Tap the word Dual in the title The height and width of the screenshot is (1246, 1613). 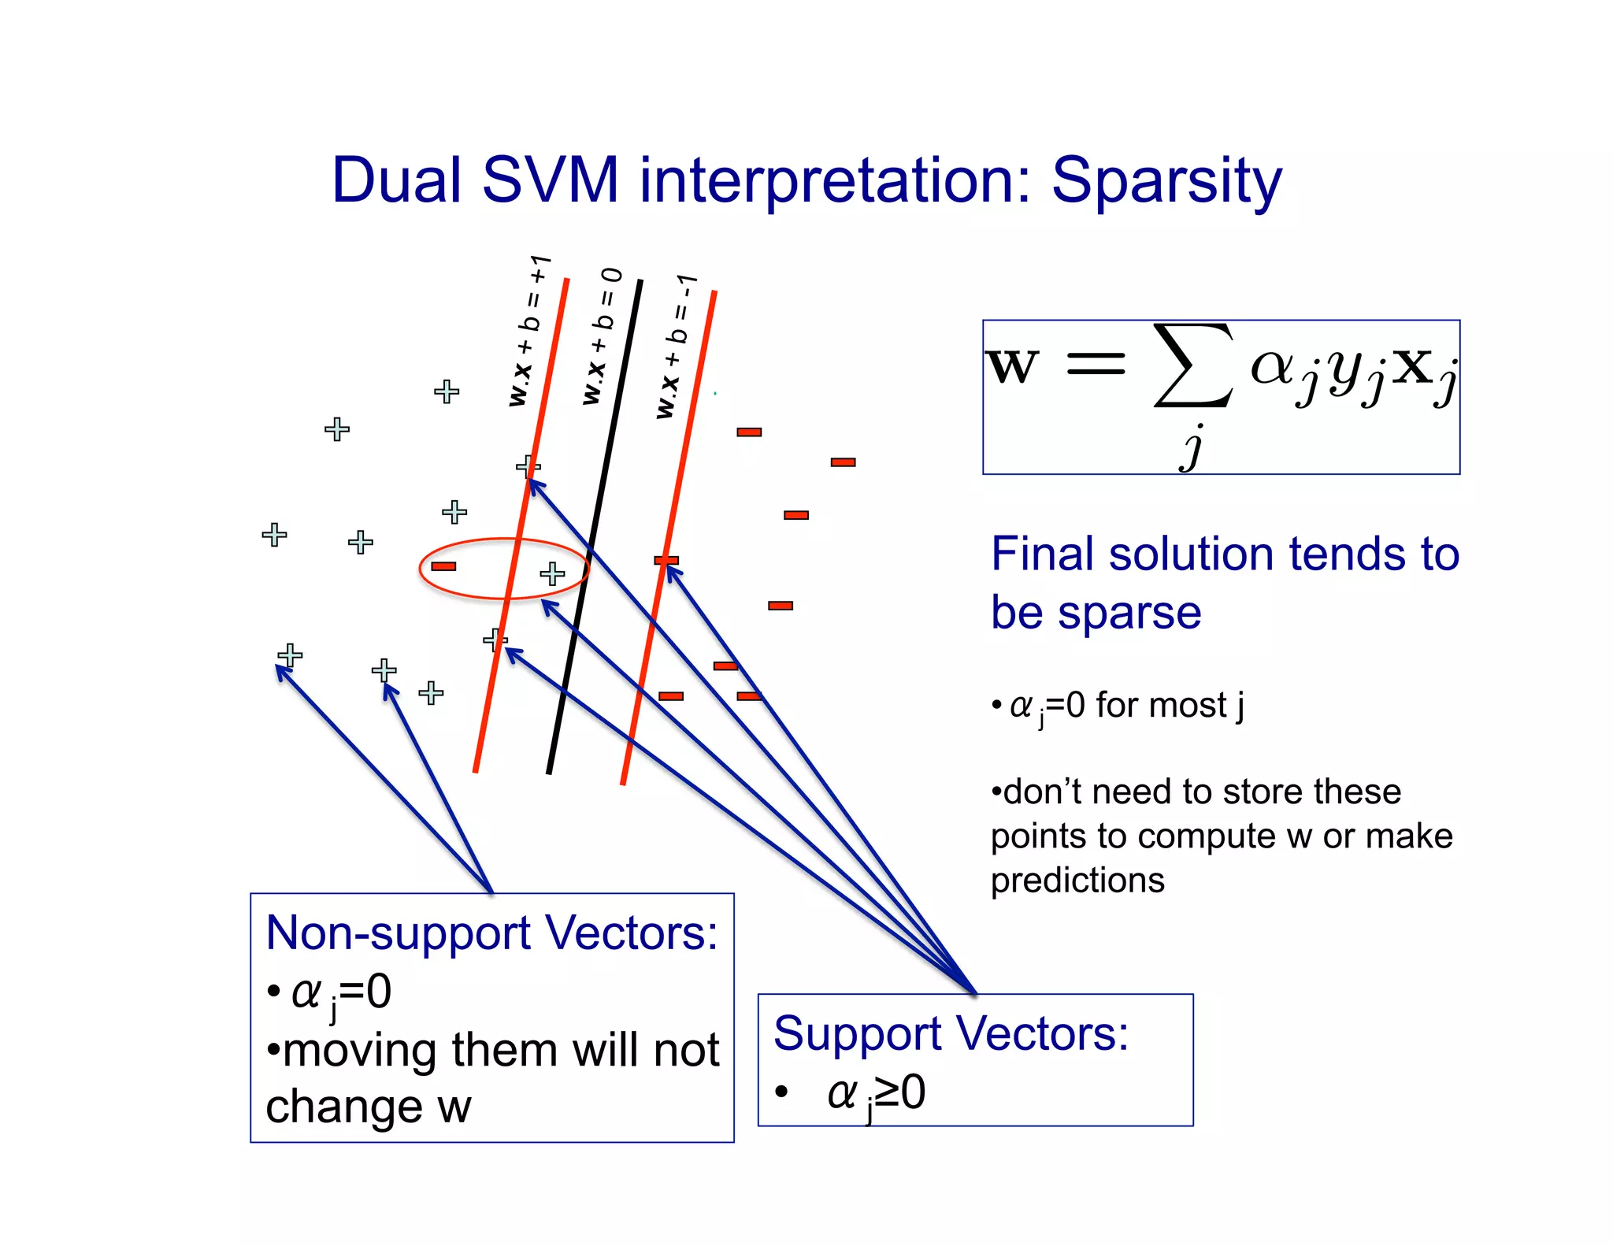click(x=396, y=181)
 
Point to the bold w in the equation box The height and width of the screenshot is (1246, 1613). click(x=1012, y=367)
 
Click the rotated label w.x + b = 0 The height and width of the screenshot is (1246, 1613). click(x=602, y=337)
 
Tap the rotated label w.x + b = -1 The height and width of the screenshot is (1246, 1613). click(x=676, y=347)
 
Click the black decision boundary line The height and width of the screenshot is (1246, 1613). click(x=595, y=528)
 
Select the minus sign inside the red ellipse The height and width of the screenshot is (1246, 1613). click(x=443, y=566)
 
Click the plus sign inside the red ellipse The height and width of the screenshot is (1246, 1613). click(x=552, y=573)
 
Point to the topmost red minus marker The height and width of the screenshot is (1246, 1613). click(x=749, y=432)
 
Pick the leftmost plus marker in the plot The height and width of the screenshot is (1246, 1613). click(x=274, y=535)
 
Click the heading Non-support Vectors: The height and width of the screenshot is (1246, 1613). click(x=491, y=933)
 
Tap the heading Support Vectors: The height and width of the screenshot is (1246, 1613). click(x=951, y=1033)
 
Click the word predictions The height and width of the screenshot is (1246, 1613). click(x=1077, y=880)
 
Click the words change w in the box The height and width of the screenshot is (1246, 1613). click(x=368, y=1107)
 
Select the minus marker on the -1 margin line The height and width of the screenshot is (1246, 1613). click(x=666, y=561)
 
